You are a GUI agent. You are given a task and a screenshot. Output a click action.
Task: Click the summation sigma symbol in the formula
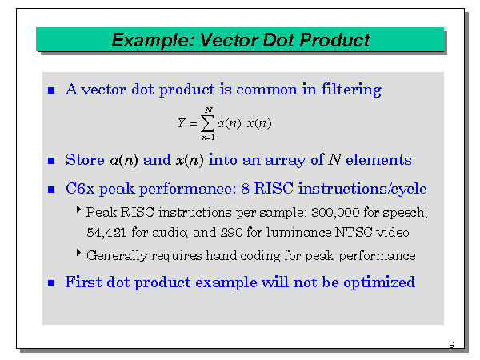click(208, 123)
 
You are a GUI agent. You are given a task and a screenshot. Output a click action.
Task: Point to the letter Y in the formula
click(182, 123)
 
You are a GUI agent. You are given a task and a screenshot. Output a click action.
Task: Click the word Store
click(85, 160)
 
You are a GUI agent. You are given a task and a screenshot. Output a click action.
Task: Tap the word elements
click(378, 160)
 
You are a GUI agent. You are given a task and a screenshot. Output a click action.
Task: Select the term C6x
click(81, 190)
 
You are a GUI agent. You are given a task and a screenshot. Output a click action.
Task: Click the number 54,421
click(106, 233)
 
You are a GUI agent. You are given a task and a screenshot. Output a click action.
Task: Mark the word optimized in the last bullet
click(378, 282)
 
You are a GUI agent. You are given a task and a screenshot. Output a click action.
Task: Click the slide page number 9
click(451, 345)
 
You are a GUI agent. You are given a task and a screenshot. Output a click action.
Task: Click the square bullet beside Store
click(52, 161)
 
